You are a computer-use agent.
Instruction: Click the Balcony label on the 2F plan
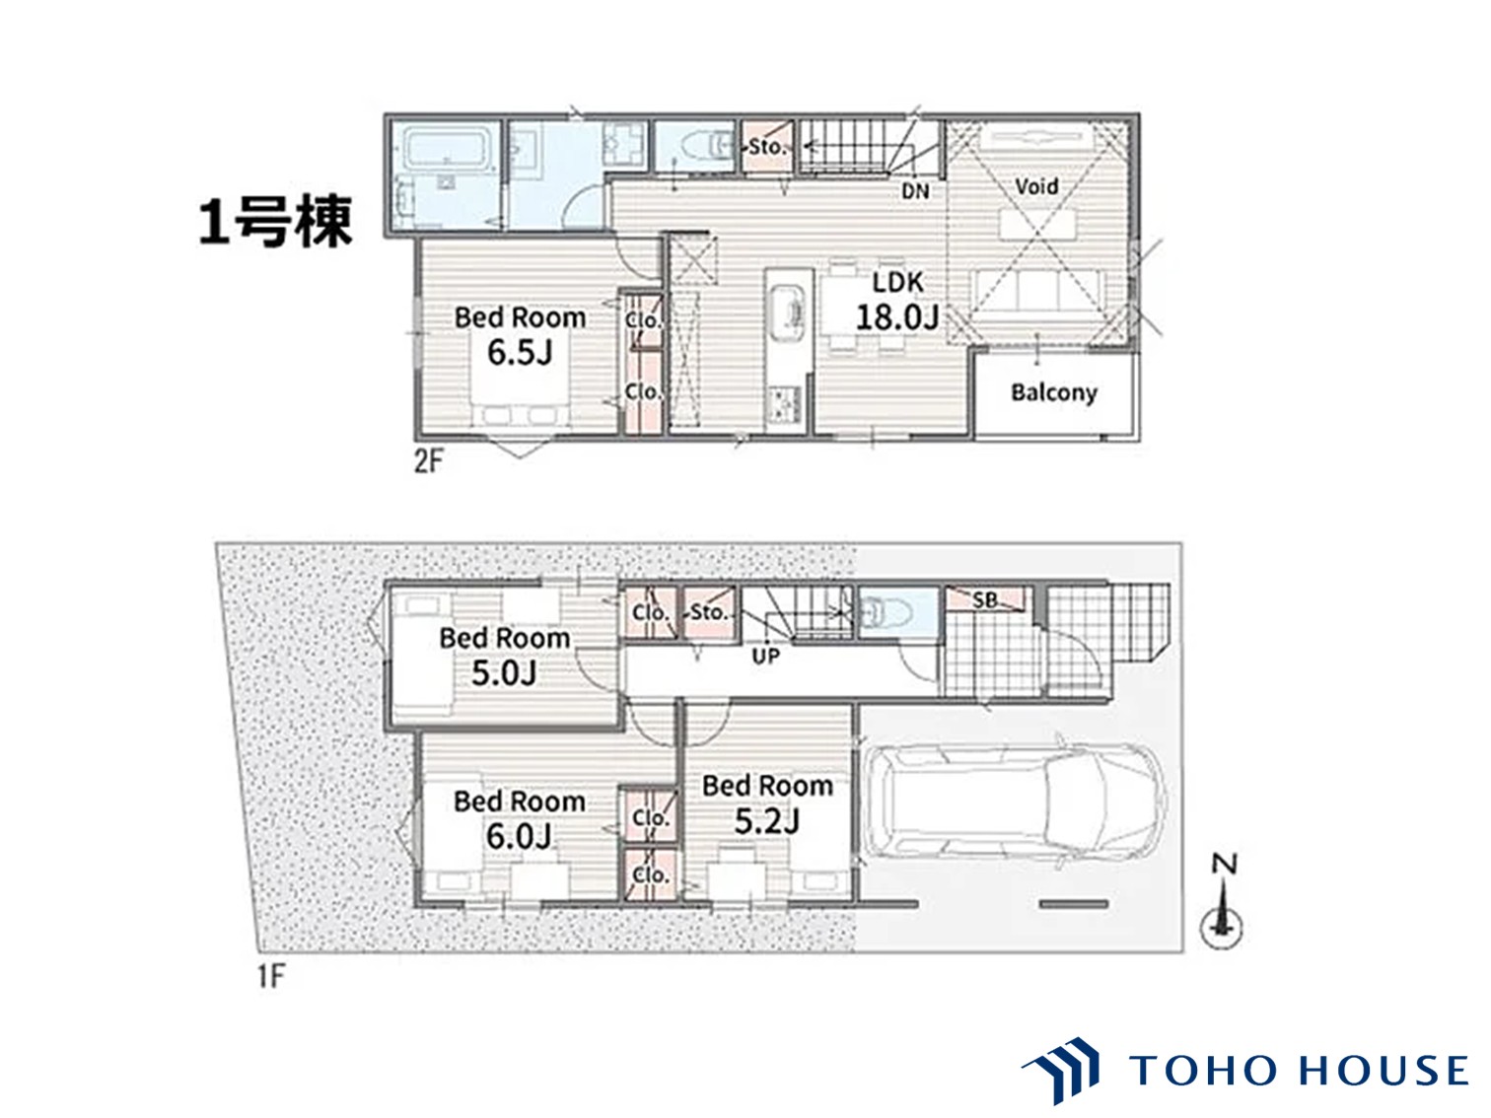[x=1053, y=393]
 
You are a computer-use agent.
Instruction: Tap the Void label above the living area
[x=1036, y=186]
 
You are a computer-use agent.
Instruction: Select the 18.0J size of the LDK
[x=897, y=317]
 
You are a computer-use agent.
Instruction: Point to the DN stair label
[x=915, y=191]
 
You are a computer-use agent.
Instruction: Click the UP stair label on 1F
[x=766, y=656]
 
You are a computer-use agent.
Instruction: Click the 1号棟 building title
[x=275, y=221]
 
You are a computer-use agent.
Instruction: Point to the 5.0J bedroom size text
[x=504, y=673]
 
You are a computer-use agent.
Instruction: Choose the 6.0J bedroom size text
[x=519, y=836]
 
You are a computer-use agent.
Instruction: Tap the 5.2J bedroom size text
[x=767, y=821]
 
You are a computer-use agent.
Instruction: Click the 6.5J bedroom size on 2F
[x=520, y=352]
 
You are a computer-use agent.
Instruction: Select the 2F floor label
[x=428, y=461]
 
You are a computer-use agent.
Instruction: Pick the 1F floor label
[x=270, y=977]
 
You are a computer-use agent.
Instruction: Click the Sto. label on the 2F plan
[x=766, y=147]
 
